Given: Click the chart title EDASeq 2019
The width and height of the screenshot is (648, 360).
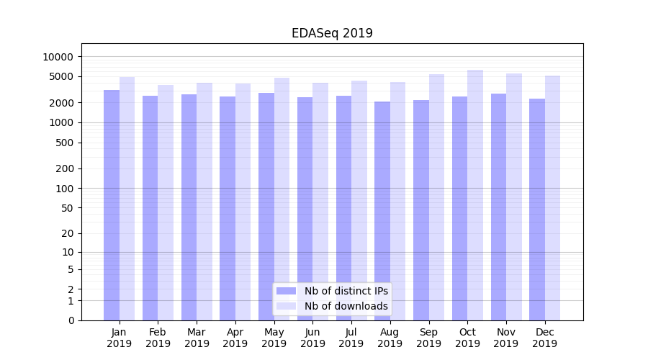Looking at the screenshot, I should [332, 33].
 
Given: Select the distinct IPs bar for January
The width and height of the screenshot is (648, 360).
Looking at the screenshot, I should [112, 205].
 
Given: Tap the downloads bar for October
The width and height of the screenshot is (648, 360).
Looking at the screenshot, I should [475, 194].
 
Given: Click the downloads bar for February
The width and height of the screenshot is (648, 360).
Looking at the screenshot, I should [166, 202].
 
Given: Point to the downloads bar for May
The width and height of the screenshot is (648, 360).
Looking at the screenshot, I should [282, 199].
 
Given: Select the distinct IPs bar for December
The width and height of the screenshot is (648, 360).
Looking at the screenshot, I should [537, 210].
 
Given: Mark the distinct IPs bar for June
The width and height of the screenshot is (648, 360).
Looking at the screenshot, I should [305, 209].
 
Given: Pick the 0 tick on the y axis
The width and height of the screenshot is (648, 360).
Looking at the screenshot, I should [71, 320].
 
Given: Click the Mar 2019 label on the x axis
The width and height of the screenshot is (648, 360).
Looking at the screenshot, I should [197, 338].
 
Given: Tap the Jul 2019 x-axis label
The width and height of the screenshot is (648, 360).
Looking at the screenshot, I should [351, 338].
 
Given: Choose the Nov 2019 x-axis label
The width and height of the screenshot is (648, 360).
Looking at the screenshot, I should [506, 338].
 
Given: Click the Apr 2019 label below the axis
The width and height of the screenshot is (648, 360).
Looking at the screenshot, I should [235, 338].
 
